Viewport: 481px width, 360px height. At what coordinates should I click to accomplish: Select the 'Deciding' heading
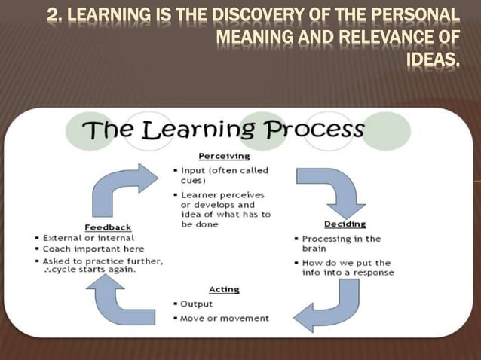click(345, 224)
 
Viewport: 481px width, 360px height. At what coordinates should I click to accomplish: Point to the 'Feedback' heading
click(107, 227)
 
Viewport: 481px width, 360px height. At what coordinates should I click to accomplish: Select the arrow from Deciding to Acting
click(326, 306)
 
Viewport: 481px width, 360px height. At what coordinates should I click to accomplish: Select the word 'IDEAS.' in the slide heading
click(432, 58)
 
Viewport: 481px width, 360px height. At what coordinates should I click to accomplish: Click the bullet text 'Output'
click(196, 304)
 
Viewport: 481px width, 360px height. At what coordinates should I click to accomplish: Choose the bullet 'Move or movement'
click(224, 318)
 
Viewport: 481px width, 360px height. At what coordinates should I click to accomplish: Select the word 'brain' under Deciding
click(315, 249)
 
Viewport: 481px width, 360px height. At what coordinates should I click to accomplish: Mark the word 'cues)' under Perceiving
click(194, 182)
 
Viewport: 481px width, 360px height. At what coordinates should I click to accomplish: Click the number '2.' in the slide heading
click(54, 15)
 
